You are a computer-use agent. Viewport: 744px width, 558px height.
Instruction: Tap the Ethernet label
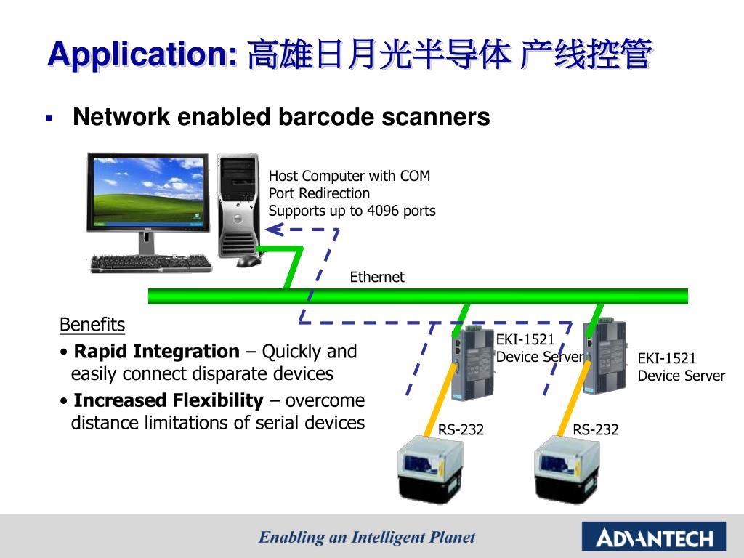[x=376, y=277]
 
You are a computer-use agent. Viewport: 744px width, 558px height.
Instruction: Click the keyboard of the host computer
[x=151, y=263]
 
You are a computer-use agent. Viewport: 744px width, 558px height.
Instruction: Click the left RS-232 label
[x=461, y=430]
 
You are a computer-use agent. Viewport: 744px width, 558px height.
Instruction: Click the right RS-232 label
[x=596, y=430]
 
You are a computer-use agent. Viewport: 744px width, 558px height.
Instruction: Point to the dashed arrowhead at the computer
[x=272, y=230]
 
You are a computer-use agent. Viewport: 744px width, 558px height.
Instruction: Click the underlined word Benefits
[x=92, y=325]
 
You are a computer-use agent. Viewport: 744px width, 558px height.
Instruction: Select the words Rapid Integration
[x=157, y=352]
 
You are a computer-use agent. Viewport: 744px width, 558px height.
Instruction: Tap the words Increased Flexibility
[x=169, y=400]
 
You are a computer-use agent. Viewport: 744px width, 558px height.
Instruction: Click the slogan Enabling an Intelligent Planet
[x=367, y=538]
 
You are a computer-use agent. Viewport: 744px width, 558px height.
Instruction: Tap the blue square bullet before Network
[x=49, y=117]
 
